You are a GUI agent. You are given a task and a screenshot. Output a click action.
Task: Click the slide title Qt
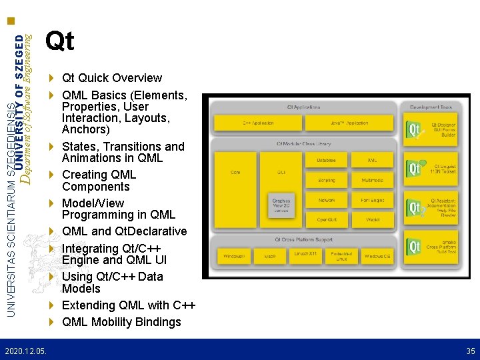coord(59,42)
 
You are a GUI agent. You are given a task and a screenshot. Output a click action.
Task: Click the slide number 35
coord(471,351)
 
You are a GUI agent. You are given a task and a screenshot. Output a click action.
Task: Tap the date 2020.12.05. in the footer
coord(25,351)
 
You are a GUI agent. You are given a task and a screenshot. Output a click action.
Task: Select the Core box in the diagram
coord(235,172)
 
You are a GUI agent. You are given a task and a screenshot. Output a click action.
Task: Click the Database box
coord(327,161)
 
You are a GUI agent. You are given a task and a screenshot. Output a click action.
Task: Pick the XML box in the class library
coord(372,161)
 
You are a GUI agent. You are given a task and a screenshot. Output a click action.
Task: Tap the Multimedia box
coord(372,180)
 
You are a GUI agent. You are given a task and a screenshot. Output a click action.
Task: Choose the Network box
coord(327,200)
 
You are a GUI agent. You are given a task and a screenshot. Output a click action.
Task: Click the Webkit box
coord(372,219)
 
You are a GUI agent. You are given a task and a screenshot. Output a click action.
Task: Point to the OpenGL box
coord(327,219)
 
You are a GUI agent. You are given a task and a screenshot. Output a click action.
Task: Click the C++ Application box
coord(257,123)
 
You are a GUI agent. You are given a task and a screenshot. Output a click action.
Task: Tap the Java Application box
coord(349,123)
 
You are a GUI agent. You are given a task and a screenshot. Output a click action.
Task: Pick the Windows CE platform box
coord(378,256)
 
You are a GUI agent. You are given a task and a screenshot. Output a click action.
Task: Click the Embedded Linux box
coord(341,256)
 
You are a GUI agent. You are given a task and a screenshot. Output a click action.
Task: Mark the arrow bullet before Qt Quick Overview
coord(52,78)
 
